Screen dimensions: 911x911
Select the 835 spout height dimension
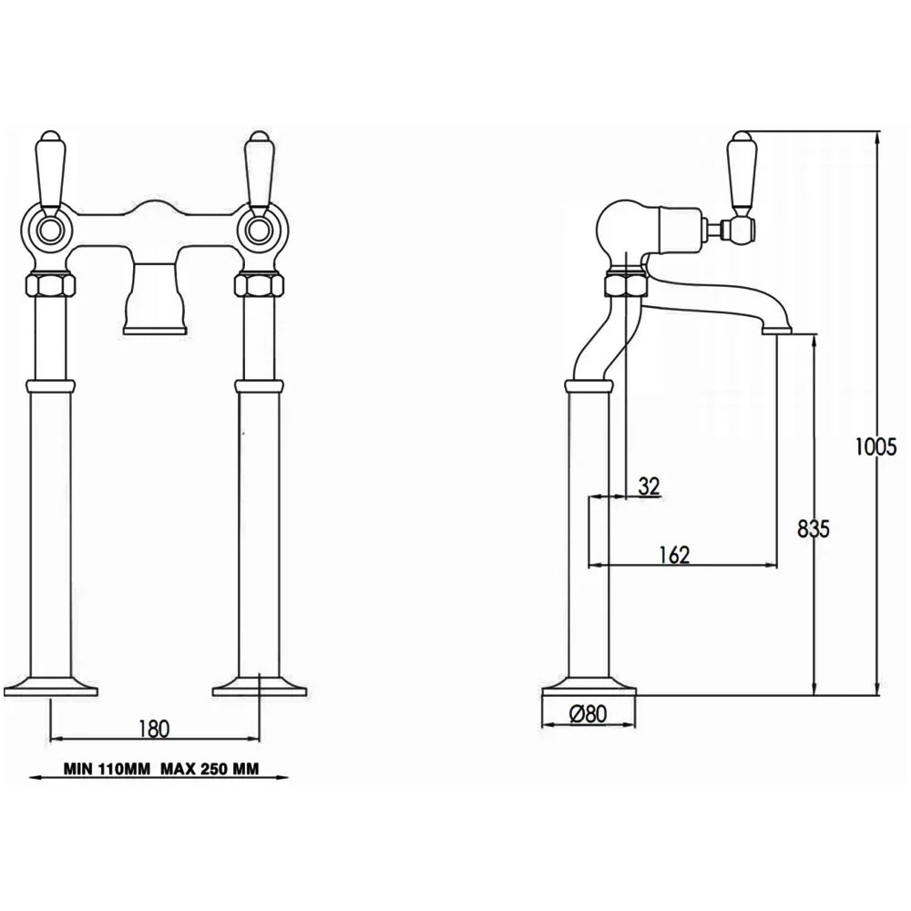click(812, 529)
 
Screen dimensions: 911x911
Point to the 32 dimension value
click(649, 486)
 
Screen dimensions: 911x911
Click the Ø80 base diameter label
click(588, 715)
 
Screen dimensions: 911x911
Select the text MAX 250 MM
click(210, 768)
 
